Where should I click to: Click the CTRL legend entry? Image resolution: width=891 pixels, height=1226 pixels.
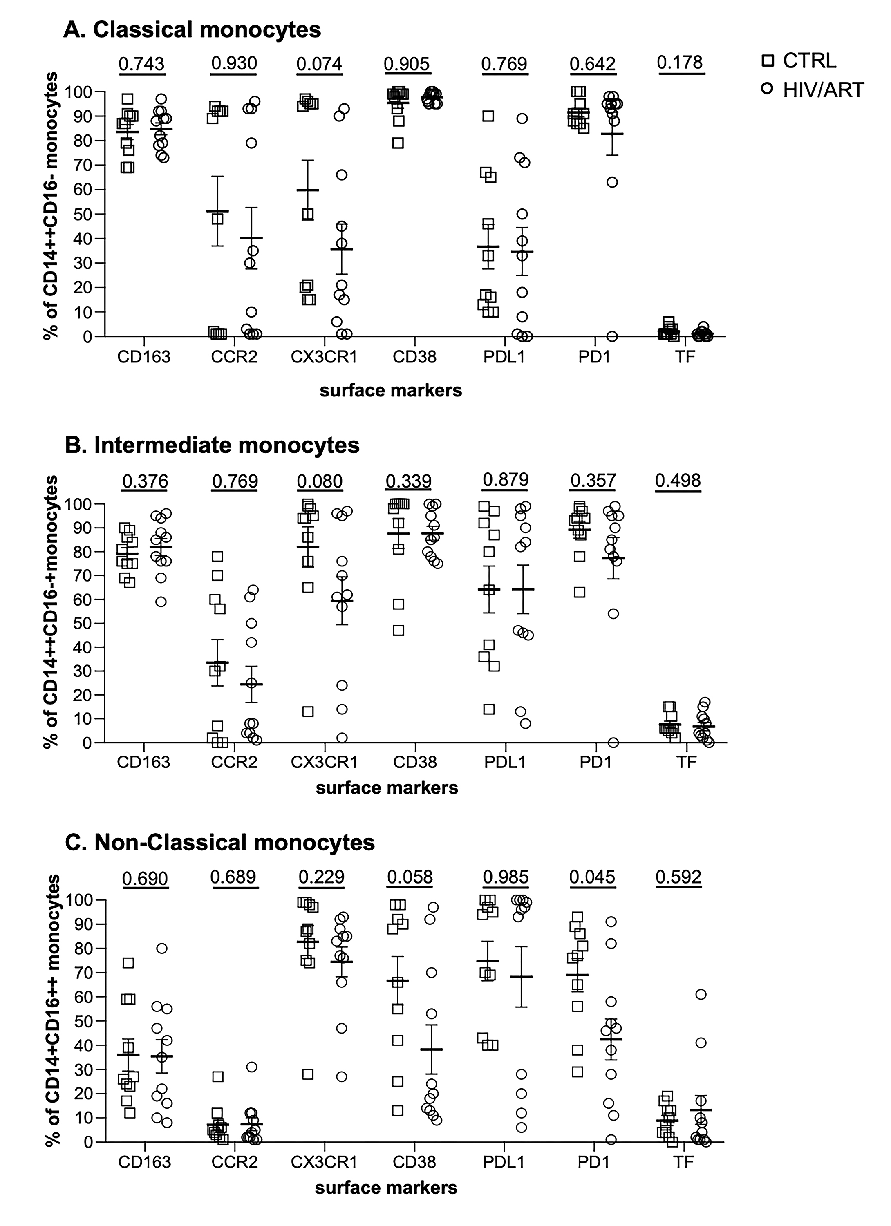click(x=800, y=60)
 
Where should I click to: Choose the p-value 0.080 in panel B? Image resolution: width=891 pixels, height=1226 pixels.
click(x=320, y=481)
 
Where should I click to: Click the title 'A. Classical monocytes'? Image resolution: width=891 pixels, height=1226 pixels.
click(x=193, y=30)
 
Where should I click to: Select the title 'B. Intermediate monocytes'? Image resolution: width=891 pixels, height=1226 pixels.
click(x=212, y=445)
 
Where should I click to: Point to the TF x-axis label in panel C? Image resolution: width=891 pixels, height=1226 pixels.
click(x=683, y=1162)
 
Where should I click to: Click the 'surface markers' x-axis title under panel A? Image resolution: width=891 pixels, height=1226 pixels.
click(x=390, y=390)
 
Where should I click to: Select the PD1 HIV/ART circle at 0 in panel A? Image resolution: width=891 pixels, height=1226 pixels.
click(x=612, y=336)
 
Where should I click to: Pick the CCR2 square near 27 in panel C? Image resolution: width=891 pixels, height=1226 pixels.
click(x=217, y=1076)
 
